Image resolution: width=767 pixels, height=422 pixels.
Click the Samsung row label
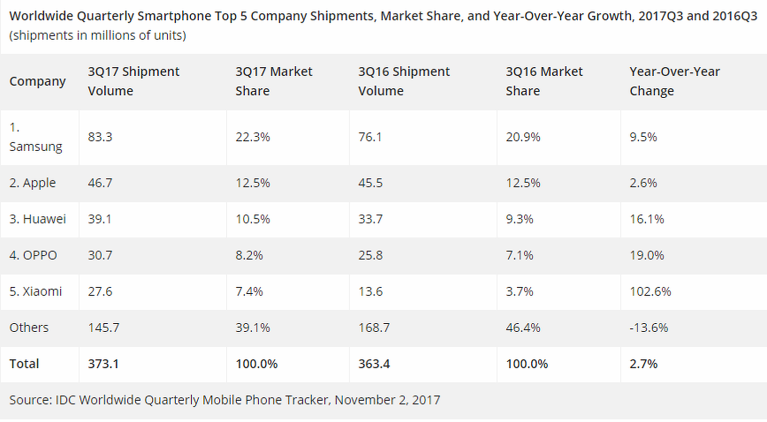tap(35, 137)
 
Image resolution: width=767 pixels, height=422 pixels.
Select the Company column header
tap(37, 81)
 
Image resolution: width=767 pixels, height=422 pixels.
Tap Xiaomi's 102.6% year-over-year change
tap(650, 291)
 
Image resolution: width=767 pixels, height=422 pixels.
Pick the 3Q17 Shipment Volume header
tap(133, 81)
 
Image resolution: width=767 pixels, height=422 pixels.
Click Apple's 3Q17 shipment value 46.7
tap(100, 183)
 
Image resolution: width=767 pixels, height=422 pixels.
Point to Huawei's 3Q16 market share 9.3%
tap(519, 219)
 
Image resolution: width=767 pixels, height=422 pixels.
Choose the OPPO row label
tap(33, 255)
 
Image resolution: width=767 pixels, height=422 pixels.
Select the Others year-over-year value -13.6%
tap(649, 328)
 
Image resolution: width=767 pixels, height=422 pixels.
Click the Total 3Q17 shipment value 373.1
tap(103, 364)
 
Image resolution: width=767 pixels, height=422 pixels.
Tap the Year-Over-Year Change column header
tap(674, 81)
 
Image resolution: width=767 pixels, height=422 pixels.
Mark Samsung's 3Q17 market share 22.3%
tap(253, 137)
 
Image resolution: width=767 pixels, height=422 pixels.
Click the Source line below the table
tap(225, 400)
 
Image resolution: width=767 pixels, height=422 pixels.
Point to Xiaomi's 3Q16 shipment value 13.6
tap(371, 291)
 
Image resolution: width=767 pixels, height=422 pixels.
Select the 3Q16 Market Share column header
tap(544, 81)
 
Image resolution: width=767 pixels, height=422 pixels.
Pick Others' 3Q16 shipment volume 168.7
tap(374, 328)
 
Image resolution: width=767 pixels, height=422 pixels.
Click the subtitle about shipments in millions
tap(97, 36)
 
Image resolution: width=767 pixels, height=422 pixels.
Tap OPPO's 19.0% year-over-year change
tap(647, 255)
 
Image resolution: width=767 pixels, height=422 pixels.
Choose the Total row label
tap(24, 364)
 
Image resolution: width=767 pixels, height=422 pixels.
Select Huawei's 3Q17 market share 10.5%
tap(253, 219)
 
